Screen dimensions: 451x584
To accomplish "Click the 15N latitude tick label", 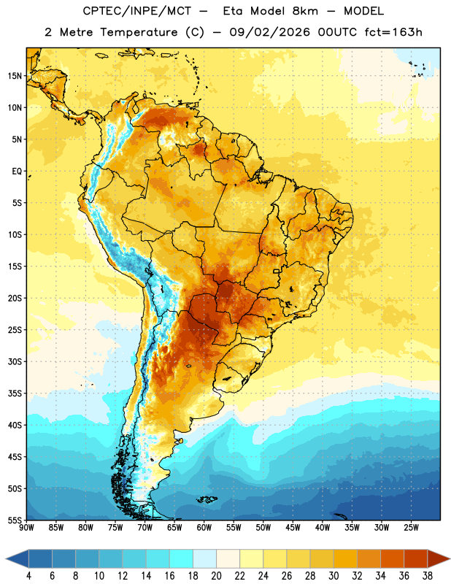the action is point(15,76).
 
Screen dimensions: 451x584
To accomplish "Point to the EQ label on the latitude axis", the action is point(17,172).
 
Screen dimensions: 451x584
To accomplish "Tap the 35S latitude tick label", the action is point(15,393).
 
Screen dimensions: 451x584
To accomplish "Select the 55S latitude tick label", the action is point(15,520).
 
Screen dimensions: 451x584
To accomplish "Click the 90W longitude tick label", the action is point(26,528).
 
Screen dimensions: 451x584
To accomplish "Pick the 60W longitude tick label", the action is point(204,528).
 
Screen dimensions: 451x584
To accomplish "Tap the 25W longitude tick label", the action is point(411,528).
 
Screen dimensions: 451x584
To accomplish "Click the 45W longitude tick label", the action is point(293,528).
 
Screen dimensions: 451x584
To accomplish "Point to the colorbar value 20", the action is point(216,576).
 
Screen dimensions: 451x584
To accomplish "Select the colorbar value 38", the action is point(427,576).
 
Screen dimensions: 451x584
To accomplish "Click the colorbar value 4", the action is point(28,576).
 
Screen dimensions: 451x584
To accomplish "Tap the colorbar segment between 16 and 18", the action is point(182,558).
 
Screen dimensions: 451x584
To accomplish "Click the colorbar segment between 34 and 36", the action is point(392,558).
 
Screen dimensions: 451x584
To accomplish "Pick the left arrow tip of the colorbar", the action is point(6,558).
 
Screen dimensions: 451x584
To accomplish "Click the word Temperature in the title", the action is point(139,32).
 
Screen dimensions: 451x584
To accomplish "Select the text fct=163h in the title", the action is point(393,32).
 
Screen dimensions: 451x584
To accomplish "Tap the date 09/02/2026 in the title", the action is point(269,32).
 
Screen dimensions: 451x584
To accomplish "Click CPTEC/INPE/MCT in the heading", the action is point(137,11).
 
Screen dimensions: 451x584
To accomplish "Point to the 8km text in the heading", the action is point(305,11).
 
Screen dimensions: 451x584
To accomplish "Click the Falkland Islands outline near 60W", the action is point(207,500).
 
